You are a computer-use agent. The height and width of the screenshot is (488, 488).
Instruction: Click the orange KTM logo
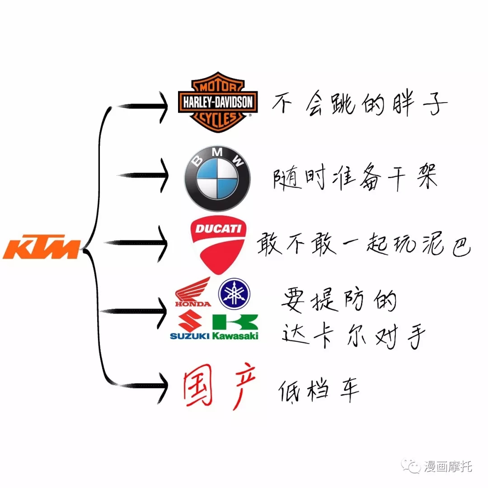point(42,247)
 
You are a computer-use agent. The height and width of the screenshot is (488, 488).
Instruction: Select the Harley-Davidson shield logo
point(218,102)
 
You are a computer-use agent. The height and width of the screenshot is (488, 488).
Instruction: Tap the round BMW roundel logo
point(217,178)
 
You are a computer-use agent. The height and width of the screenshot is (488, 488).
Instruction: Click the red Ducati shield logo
point(218,245)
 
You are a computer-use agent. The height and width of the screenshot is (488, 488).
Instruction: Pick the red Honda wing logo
point(193,292)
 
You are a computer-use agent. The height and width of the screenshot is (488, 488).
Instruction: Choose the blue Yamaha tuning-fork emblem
point(234,294)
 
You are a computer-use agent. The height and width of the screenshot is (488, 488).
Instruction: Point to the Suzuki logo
point(189,325)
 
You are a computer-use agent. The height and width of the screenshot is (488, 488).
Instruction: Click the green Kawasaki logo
point(235,327)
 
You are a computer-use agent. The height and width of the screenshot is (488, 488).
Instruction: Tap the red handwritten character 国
point(197,385)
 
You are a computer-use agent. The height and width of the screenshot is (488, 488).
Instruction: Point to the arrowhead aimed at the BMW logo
point(164,175)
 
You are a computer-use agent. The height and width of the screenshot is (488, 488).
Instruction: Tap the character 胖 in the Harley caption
point(403,103)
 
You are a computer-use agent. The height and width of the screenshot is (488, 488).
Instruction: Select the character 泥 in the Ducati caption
point(433,244)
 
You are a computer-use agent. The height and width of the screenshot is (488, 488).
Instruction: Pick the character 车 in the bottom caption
point(349,389)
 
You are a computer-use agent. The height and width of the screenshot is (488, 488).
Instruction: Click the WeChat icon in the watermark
point(410,465)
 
